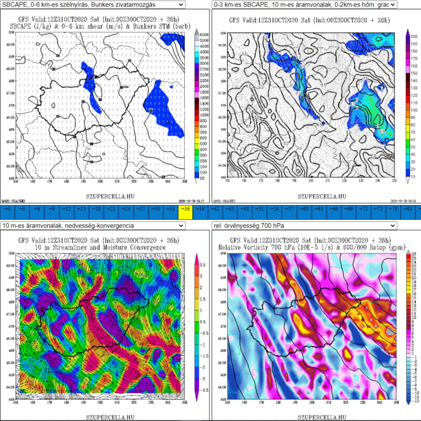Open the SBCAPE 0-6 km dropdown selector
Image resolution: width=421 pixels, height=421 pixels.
click(93, 5)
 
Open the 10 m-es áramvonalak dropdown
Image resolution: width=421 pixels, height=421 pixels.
click(93, 226)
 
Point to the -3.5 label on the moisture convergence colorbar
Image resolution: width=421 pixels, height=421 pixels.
click(202, 374)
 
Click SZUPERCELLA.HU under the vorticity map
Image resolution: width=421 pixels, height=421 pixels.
click(315, 416)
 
